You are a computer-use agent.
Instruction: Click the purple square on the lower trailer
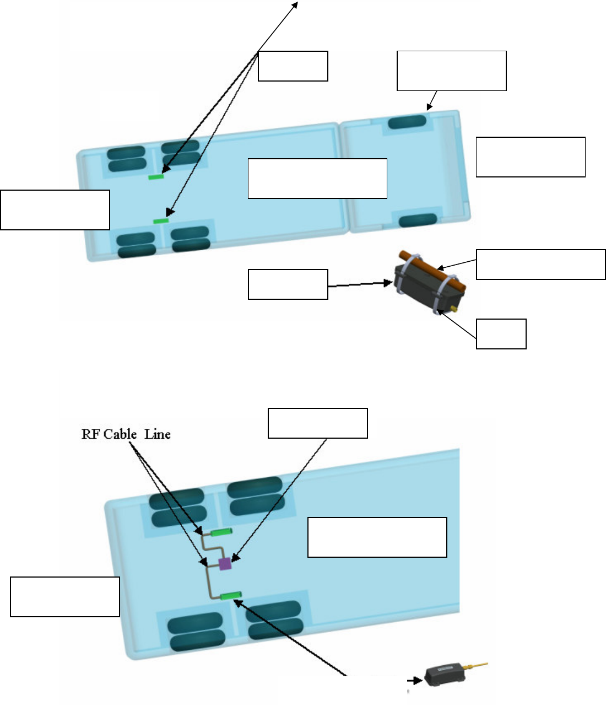[225, 563]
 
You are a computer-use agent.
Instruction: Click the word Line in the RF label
[158, 434]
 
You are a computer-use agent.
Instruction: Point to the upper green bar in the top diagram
[156, 177]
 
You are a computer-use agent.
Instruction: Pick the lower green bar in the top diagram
[160, 221]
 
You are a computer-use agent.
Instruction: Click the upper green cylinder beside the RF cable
[221, 532]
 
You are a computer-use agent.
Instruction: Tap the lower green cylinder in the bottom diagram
[231, 595]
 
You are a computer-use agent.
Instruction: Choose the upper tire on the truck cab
[407, 122]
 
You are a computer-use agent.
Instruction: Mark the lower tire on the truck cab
[418, 220]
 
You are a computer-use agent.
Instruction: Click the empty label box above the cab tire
[451, 71]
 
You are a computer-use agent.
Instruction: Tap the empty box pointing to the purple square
[317, 423]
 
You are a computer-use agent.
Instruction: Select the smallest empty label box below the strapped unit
[501, 333]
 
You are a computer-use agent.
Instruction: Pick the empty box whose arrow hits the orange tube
[540, 265]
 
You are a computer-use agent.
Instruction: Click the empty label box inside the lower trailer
[377, 537]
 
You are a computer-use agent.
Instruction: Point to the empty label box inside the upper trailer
[317, 178]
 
